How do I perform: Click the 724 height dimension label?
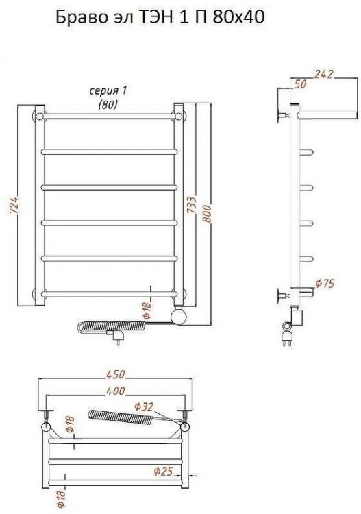point(15,206)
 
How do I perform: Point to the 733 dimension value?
point(192,205)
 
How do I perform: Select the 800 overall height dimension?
point(207,213)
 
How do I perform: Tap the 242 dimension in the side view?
point(323,74)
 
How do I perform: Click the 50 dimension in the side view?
point(300,84)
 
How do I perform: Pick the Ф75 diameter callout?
point(325,283)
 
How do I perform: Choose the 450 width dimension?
point(115,374)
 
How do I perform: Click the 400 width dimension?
point(115,391)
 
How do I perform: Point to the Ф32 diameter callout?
point(144,407)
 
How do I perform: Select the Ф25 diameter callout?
point(163,472)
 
